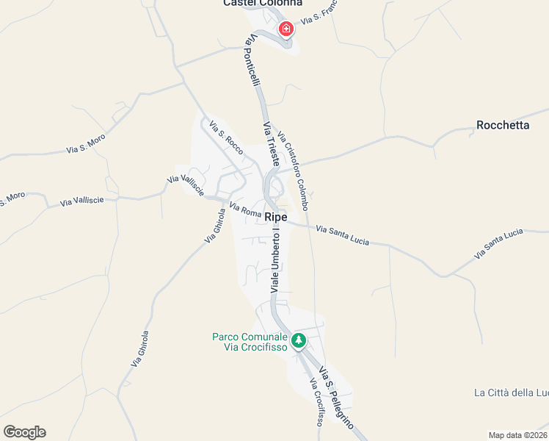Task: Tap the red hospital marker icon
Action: click(x=286, y=29)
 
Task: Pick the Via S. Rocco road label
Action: click(x=225, y=137)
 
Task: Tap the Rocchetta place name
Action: click(x=503, y=125)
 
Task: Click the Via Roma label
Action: click(x=245, y=210)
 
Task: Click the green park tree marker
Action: click(x=298, y=340)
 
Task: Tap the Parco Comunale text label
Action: click(x=249, y=342)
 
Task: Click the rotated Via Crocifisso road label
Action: click(x=316, y=402)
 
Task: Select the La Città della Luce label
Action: click(x=512, y=392)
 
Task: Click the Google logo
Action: click(x=24, y=432)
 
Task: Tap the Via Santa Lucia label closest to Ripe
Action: click(x=342, y=236)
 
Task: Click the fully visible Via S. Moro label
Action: click(x=86, y=143)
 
